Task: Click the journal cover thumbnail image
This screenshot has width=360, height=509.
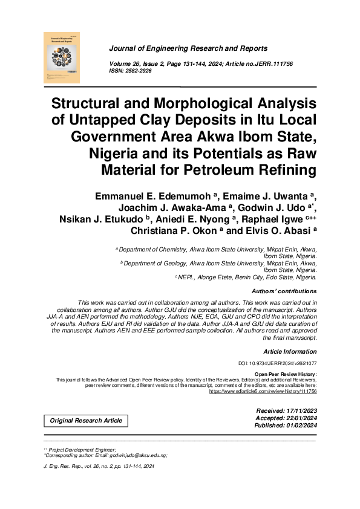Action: pyautogui.click(x=62, y=57)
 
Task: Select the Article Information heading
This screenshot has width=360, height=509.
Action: pyautogui.click(x=290, y=351)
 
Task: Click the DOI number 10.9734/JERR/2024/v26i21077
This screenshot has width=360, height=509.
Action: pyautogui.click(x=278, y=363)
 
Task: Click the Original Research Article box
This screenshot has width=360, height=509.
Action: pyautogui.click(x=86, y=421)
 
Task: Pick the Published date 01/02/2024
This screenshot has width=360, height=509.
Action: pyautogui.click(x=296, y=426)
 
